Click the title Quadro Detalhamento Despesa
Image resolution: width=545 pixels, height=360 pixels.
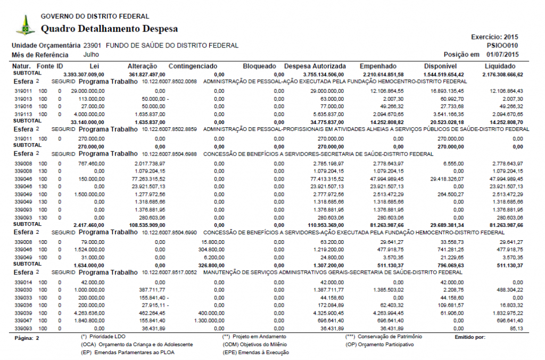[109, 29]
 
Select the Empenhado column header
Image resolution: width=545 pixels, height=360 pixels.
[378, 66]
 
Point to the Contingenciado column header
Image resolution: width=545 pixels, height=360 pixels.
[193, 66]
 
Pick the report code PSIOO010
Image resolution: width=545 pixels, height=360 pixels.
[502, 46]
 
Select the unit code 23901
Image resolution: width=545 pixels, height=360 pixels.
[92, 46]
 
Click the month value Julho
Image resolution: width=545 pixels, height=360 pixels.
[91, 54]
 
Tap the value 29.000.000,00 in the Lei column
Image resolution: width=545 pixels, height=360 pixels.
[88, 91]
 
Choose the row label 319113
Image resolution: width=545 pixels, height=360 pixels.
[23, 114]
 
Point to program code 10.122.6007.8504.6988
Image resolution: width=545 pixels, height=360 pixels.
[170, 154]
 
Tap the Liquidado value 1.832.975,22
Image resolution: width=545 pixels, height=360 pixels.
[505, 314]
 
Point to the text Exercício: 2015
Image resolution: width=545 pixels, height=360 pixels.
[494, 37]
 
